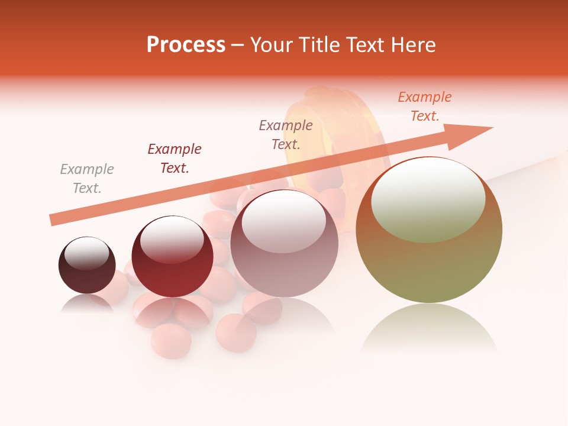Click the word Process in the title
[x=186, y=45]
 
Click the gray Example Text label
[x=87, y=179]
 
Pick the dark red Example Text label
[x=175, y=159]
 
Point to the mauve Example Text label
[x=286, y=134]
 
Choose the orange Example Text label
[x=425, y=106]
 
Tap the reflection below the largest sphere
[x=429, y=328]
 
